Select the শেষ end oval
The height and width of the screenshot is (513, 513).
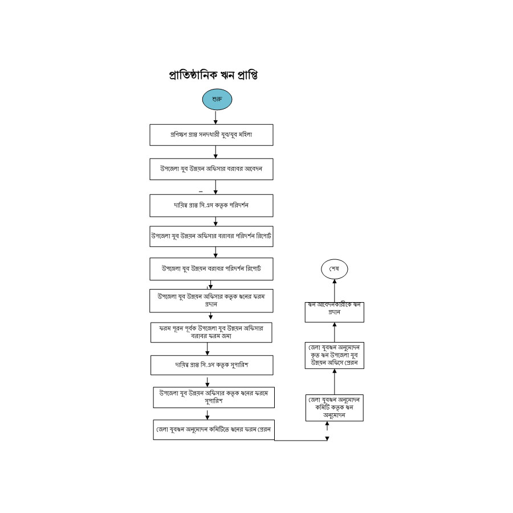pyautogui.click(x=334, y=268)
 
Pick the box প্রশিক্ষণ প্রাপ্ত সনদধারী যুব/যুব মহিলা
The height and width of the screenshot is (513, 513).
pyautogui.click(x=211, y=135)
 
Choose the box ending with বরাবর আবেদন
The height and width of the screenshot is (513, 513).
pyautogui.click(x=211, y=169)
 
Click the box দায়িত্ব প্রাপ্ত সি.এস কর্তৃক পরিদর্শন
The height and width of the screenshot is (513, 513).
pyautogui.click(x=211, y=205)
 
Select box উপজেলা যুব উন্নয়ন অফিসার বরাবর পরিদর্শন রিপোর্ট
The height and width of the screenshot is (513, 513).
pyautogui.click(x=211, y=236)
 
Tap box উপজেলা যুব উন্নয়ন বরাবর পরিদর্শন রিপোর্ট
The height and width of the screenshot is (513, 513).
pyautogui.click(x=211, y=268)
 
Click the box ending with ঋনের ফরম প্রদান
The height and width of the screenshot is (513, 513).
pyautogui.click(x=211, y=301)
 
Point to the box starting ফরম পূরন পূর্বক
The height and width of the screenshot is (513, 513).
pyautogui.click(x=211, y=332)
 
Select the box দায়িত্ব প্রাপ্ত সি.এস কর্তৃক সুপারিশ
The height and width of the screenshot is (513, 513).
pyautogui.click(x=211, y=364)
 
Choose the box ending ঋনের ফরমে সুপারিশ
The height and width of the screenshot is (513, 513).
pyautogui.click(x=214, y=397)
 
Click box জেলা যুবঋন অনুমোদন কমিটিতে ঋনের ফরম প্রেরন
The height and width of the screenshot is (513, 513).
pyautogui.click(x=214, y=430)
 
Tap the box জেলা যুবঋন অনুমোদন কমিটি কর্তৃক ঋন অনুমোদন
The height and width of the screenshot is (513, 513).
pyautogui.click(x=335, y=408)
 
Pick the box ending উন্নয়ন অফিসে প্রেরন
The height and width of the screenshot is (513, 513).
pyautogui.click(x=335, y=355)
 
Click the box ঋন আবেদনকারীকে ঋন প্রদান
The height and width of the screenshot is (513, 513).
pyautogui.click(x=335, y=312)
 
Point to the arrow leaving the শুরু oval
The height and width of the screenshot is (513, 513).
pyautogui.click(x=216, y=117)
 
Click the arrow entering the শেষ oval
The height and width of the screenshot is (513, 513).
pyautogui.click(x=334, y=290)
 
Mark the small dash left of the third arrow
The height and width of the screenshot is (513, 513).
pyautogui.click(x=201, y=191)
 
